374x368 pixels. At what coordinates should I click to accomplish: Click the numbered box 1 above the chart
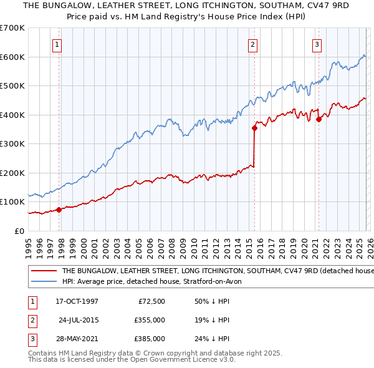click(x=57, y=44)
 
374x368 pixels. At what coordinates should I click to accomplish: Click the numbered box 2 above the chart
click(x=252, y=44)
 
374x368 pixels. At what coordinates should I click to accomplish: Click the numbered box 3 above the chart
click(x=317, y=44)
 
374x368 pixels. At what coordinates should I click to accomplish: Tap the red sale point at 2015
click(x=254, y=128)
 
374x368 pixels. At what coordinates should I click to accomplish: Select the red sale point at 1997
click(x=59, y=210)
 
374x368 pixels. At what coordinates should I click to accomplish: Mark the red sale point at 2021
click(x=319, y=120)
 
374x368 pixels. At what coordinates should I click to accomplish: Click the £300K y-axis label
click(x=12, y=143)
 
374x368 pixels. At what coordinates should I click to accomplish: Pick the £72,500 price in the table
click(x=150, y=301)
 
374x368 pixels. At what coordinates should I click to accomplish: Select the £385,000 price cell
click(x=150, y=339)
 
